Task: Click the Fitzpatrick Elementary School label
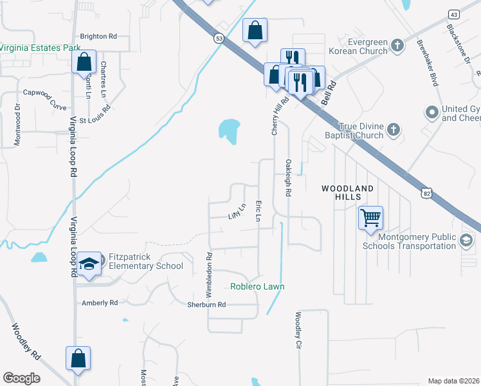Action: click(146, 261)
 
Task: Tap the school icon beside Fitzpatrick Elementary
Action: click(89, 264)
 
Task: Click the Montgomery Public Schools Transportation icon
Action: click(466, 241)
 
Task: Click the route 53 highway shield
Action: click(219, 39)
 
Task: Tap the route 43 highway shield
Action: click(454, 14)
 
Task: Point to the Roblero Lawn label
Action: click(257, 286)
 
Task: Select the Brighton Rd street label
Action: click(98, 37)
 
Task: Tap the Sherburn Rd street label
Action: click(206, 304)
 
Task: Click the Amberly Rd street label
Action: click(100, 302)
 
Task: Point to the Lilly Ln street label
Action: click(237, 210)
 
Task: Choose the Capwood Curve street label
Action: click(45, 92)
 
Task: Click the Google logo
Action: click(21, 378)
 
